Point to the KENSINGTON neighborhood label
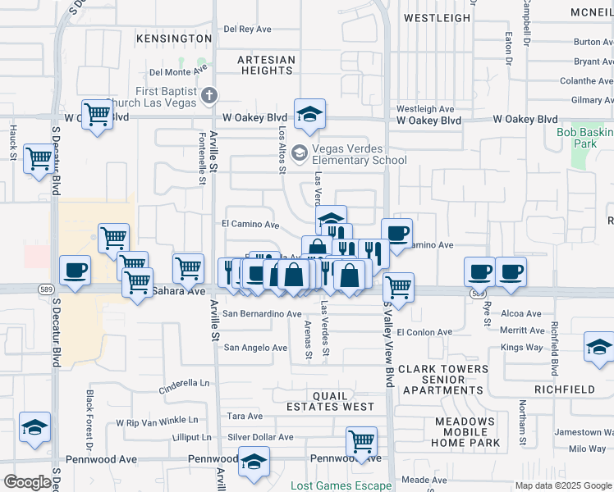(174, 39)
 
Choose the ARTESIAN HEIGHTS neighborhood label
(266, 66)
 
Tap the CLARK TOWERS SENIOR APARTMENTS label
(442, 380)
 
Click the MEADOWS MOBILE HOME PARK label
(467, 432)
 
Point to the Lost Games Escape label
(341, 485)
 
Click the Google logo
(27, 482)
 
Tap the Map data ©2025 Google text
(562, 485)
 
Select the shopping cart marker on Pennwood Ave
(361, 441)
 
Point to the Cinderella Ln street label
(185, 382)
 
